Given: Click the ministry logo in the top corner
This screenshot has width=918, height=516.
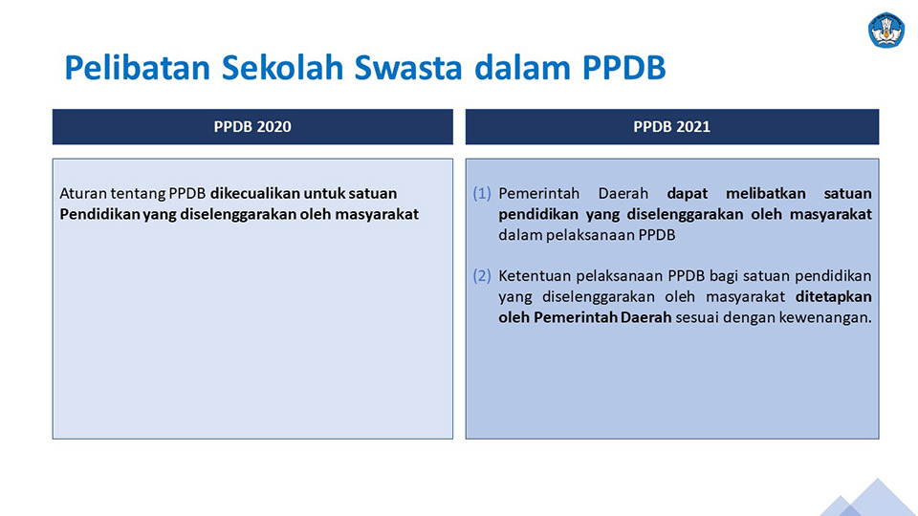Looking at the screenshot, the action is (x=886, y=30).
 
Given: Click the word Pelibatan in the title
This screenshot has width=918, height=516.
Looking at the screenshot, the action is (x=137, y=67).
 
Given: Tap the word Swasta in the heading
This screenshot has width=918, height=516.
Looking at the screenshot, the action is (x=408, y=67).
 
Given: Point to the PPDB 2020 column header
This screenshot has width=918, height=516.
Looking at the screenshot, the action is (x=252, y=127).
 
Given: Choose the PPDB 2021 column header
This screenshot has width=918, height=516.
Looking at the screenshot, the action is (x=672, y=127).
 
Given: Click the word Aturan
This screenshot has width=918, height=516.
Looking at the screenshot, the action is (x=82, y=194).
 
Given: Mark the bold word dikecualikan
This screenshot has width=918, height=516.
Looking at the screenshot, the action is (x=254, y=194).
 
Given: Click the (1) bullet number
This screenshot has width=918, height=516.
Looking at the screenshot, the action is (x=482, y=194).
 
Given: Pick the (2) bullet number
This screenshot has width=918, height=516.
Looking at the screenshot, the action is (x=482, y=275).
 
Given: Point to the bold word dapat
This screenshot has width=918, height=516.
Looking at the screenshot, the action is (x=688, y=194).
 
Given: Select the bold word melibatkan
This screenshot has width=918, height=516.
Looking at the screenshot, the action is (x=766, y=194).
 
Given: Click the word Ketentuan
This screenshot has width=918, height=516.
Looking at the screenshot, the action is (x=535, y=275).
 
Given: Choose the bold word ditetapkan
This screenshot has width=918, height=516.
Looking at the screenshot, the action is (x=834, y=296).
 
